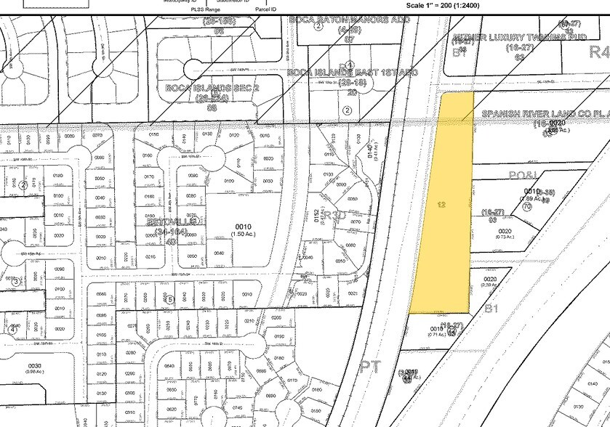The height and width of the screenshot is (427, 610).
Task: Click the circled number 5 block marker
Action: pyautogui.click(x=170, y=298)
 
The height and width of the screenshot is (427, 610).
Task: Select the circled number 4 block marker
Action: pyautogui.click(x=12, y=329)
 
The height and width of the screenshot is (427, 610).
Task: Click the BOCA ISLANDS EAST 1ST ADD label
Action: pyautogui.click(x=352, y=73)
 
